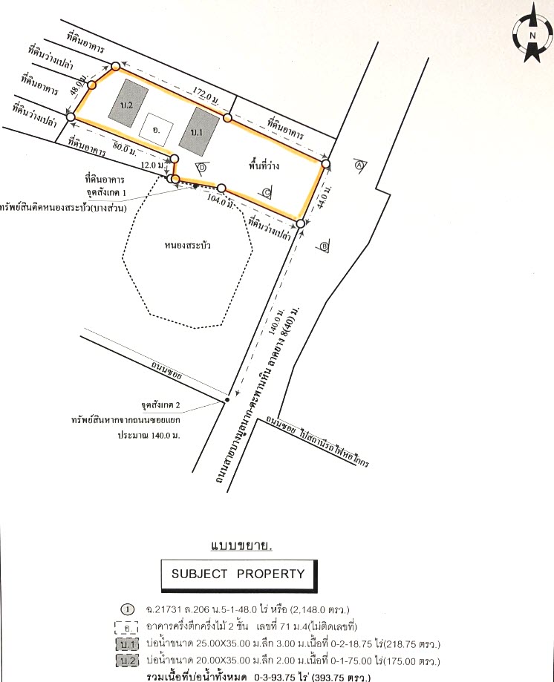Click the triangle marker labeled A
click(x=359, y=165)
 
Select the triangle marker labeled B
click(x=325, y=246)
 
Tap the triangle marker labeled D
click(x=201, y=168)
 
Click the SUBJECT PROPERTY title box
click(x=238, y=574)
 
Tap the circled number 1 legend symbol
click(x=128, y=609)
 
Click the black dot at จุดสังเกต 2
click(x=226, y=401)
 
